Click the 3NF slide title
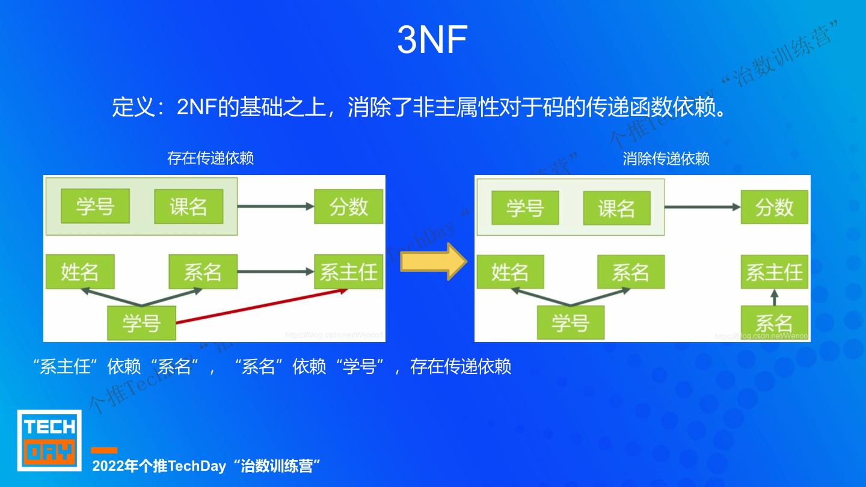432,40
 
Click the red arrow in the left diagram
262,307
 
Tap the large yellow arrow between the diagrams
434,262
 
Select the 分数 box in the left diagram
349,207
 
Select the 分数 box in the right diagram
774,207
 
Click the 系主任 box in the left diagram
349,272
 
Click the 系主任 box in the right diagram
774,272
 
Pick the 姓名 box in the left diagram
79,272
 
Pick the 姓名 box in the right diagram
510,272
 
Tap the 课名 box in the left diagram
188,207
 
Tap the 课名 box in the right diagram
616,208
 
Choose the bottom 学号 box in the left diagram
141,323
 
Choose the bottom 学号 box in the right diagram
570,323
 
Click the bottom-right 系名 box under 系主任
774,323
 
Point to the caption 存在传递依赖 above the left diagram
210,158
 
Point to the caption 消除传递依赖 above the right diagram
666,158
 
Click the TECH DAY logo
49,440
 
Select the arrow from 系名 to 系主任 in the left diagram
275,272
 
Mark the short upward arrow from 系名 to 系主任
774,297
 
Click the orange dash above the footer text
104,450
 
